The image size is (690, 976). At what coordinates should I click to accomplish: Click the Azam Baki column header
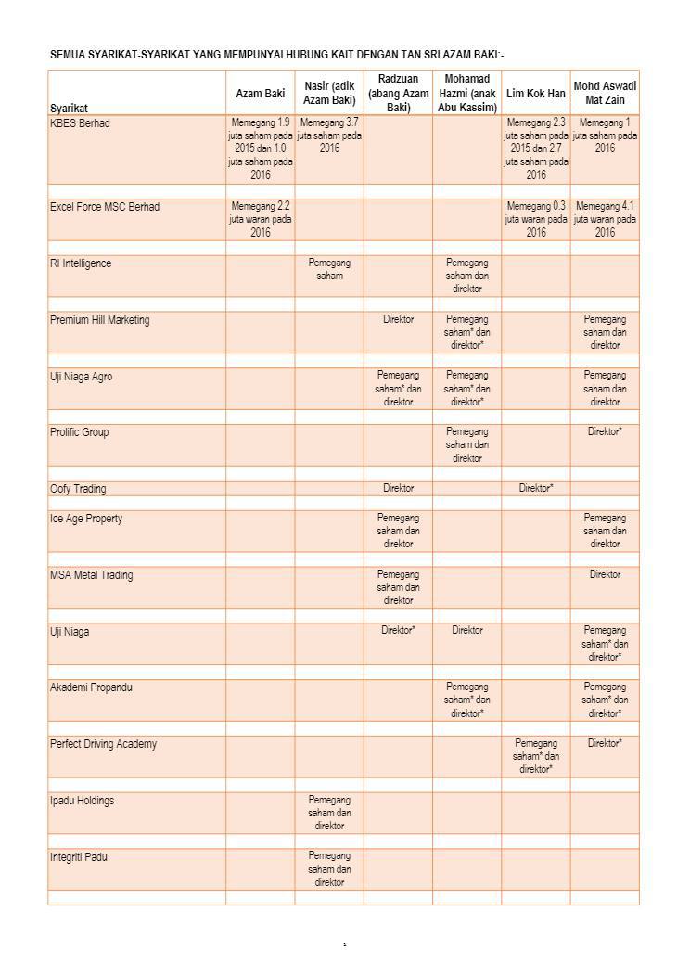261,94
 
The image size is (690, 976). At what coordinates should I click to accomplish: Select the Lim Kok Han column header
535,94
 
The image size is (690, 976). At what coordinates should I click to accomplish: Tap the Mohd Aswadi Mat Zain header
605,93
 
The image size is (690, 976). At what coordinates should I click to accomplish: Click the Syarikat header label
70,109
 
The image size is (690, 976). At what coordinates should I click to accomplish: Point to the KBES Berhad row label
80,123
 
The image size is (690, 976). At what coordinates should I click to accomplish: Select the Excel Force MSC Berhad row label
104,207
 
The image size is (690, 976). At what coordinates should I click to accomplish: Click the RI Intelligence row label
80,263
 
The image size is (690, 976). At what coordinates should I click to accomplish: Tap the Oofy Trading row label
78,489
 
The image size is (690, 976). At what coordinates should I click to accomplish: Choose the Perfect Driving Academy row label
103,744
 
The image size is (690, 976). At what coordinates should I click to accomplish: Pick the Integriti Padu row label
79,857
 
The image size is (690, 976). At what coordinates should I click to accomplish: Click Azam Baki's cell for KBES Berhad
261,148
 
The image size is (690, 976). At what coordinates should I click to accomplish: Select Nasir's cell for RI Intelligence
329,269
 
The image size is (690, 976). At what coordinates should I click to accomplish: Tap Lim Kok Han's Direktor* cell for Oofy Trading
536,488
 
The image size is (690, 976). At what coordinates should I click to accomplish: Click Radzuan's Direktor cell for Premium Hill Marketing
398,319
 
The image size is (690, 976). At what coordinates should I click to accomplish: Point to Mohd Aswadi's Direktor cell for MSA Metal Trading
605,574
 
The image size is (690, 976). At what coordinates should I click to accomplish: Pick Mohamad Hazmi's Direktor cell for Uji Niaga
467,630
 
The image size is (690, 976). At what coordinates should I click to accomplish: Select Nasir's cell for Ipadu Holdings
329,813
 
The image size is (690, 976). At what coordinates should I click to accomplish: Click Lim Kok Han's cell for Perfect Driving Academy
536,756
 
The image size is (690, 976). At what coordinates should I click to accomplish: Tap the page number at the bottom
344,945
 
